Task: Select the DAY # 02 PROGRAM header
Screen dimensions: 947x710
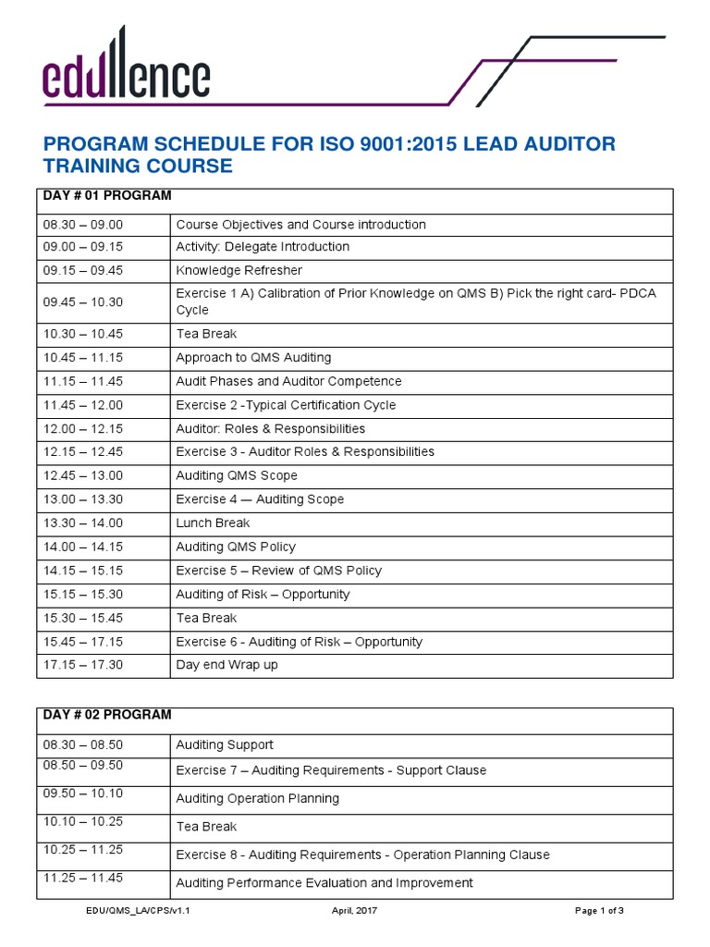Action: [104, 715]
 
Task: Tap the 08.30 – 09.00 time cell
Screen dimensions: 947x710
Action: [82, 225]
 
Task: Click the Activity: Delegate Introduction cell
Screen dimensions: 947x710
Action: [263, 247]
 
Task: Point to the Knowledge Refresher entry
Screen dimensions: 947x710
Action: [239, 270]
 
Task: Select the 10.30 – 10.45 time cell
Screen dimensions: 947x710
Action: [82, 334]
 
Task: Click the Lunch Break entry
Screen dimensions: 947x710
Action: [213, 523]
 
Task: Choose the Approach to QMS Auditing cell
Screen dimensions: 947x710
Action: [253, 358]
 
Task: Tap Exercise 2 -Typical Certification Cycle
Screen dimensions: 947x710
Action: [286, 405]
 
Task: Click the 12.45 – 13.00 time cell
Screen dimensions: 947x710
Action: [82, 475]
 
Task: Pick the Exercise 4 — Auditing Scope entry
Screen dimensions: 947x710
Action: [260, 499]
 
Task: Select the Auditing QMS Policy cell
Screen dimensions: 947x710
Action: [236, 547]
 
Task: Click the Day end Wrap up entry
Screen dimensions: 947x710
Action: [226, 665]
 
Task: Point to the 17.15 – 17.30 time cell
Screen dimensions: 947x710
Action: [82, 665]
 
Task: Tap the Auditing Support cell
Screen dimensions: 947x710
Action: [225, 744]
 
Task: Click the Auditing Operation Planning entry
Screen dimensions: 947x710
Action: [257, 798]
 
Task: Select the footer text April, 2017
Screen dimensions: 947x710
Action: [354, 911]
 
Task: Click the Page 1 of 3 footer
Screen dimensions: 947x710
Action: [599, 911]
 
